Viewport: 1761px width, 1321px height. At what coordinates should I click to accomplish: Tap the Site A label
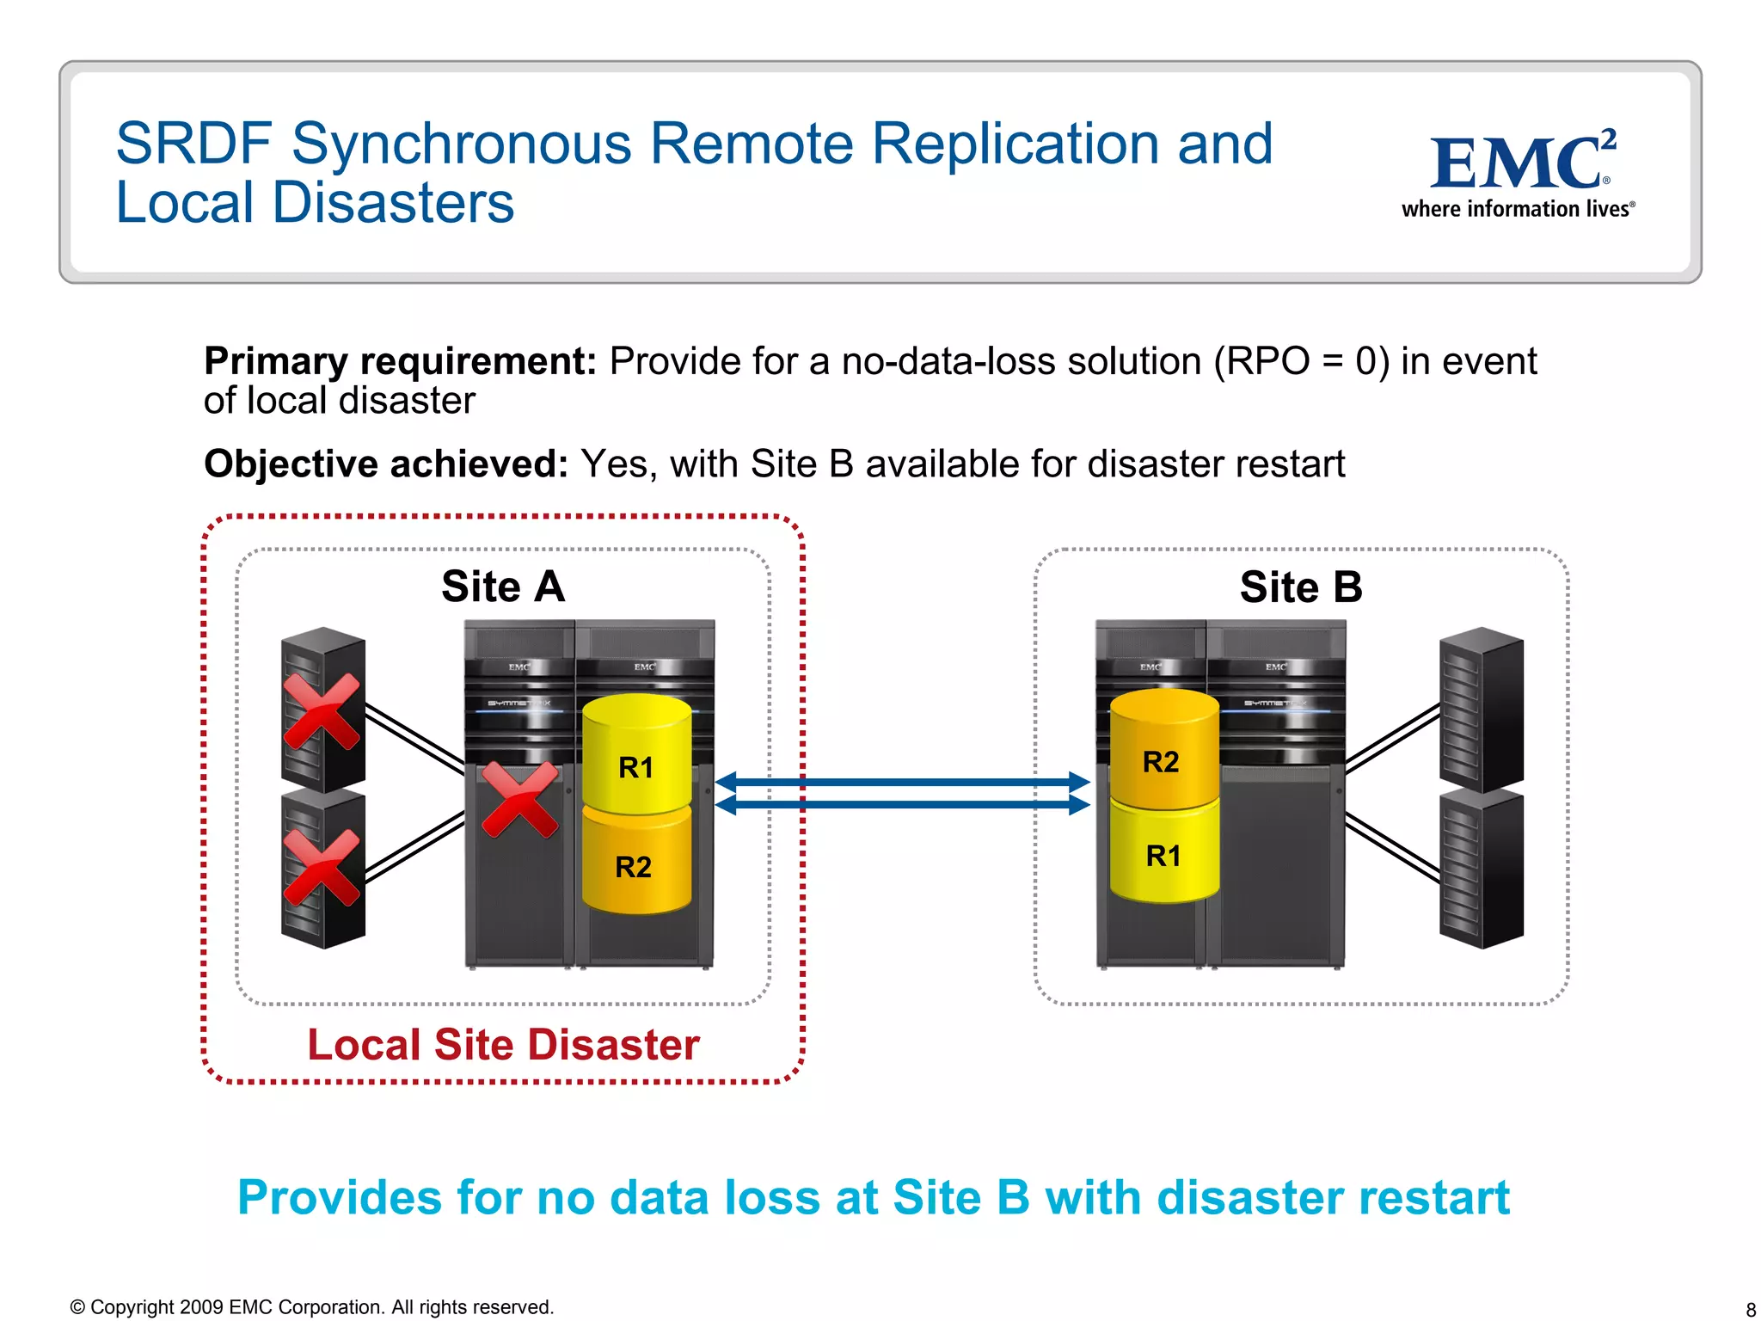point(503,587)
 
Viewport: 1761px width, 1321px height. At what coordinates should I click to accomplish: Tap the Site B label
point(1301,588)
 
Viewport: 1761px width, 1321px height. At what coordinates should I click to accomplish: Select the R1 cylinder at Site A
point(636,757)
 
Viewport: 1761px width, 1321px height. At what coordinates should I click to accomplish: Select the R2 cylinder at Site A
point(636,864)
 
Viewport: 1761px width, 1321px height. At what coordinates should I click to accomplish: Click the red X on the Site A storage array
point(519,800)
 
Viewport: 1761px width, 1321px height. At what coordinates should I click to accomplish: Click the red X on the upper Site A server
point(322,711)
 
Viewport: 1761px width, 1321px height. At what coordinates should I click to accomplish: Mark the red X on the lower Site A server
point(322,868)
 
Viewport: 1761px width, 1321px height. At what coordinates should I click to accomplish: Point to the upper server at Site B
point(1481,710)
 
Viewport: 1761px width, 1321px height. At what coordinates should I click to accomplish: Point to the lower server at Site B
point(1481,869)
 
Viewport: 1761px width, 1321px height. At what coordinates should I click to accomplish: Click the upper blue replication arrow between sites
point(903,782)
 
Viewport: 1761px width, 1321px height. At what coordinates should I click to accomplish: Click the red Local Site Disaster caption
point(503,1045)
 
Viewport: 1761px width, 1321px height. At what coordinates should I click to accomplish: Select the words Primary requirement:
point(400,362)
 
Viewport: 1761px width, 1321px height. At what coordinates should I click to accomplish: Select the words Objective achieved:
point(385,464)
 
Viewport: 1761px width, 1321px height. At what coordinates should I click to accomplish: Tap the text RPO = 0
point(1302,362)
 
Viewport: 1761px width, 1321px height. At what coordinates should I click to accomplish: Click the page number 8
point(1750,1310)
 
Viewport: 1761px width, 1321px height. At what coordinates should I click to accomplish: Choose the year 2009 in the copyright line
point(202,1307)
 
